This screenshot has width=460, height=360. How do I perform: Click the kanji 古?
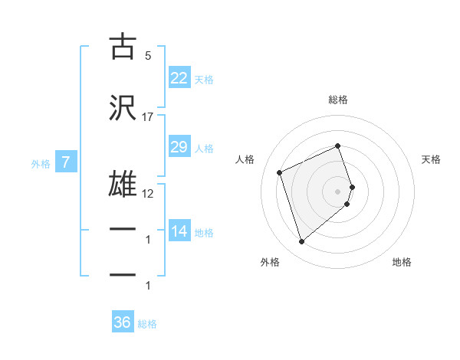click(123, 47)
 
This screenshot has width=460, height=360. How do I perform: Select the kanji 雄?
click(123, 185)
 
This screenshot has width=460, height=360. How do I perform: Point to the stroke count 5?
click(148, 56)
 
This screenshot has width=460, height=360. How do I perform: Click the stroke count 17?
click(148, 117)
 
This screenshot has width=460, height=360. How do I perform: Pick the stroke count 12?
click(148, 194)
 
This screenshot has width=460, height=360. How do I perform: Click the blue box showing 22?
click(179, 78)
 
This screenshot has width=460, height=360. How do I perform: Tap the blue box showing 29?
click(179, 147)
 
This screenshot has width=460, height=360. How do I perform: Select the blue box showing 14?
click(179, 231)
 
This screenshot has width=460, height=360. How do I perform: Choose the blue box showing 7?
click(66, 162)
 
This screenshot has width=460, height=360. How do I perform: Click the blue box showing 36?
click(122, 323)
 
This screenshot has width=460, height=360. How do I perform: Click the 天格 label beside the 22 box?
click(204, 79)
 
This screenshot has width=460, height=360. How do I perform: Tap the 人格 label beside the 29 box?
click(204, 148)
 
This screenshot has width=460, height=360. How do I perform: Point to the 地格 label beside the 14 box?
click(204, 232)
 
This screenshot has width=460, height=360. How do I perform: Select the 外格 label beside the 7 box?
click(41, 163)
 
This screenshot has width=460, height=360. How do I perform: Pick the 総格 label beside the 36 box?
click(147, 324)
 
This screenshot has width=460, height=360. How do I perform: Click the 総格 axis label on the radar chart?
click(338, 100)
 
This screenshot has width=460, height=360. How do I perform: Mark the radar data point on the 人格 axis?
click(280, 172)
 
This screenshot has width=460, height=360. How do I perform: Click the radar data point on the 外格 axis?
click(301, 242)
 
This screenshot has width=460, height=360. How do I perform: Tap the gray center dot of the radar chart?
click(338, 191)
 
